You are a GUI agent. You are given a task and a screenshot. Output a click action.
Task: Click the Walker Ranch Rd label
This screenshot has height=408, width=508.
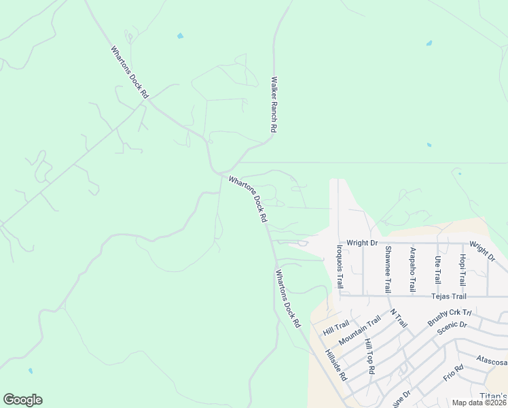coord(274,104)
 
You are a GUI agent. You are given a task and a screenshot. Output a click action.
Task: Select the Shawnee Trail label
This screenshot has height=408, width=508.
coord(388,269)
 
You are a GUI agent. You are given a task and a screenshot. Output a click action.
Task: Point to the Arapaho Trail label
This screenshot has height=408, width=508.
coord(412,270)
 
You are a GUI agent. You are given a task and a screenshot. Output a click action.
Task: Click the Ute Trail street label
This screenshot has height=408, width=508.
coord(437,270)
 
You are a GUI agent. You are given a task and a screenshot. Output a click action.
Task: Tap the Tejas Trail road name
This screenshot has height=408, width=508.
coord(449,296)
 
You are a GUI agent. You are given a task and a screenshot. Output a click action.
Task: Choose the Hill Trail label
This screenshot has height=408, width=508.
coord(335,326)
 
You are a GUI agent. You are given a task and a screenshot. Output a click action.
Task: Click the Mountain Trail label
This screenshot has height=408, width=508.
coord(360,330)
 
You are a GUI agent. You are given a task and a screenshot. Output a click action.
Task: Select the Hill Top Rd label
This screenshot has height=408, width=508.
coord(369,357)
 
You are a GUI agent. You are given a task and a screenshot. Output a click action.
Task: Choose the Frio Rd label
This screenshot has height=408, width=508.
coord(453,372)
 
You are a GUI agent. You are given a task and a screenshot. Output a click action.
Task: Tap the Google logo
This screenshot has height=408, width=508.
coord(22,400)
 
